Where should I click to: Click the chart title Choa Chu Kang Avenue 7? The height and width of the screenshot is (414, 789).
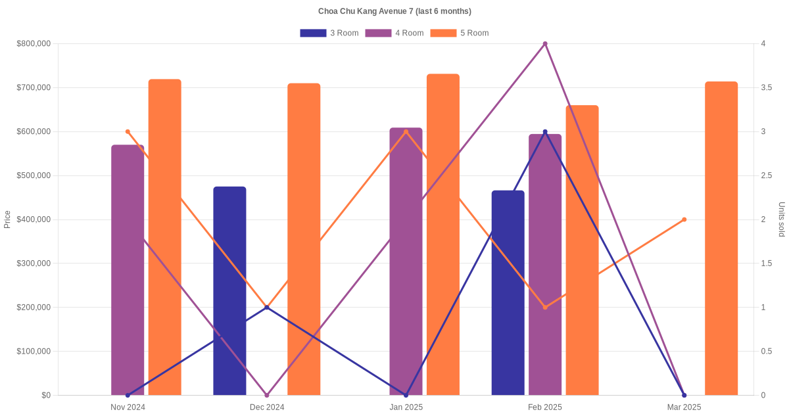[x=394, y=11]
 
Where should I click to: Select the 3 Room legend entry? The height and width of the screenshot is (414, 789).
[x=329, y=33]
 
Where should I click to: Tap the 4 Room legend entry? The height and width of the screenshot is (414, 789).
[x=394, y=33]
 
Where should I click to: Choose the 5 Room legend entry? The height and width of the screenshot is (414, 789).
[x=459, y=33]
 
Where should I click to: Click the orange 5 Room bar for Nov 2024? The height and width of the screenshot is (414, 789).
[x=164, y=237]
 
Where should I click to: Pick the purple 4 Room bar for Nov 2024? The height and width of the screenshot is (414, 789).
[x=128, y=269]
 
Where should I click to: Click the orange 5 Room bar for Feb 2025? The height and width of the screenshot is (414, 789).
[x=582, y=250]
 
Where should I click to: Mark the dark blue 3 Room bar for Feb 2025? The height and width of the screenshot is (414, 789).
[x=508, y=292]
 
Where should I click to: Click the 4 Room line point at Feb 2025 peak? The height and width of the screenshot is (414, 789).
[x=545, y=44]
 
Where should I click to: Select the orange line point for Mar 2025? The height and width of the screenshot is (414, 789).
[x=684, y=219]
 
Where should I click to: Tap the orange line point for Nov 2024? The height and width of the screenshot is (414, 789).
[x=128, y=131]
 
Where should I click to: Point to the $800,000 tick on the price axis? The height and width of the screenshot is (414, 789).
[x=34, y=44]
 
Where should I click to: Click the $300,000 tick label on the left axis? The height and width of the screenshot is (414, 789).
[x=34, y=264]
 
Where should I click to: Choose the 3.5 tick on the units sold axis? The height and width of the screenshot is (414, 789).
[x=767, y=88]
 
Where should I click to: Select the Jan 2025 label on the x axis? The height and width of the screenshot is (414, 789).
[x=406, y=407]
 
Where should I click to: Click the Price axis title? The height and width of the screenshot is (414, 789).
[x=7, y=219]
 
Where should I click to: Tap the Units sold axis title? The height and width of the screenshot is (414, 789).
[x=781, y=219]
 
